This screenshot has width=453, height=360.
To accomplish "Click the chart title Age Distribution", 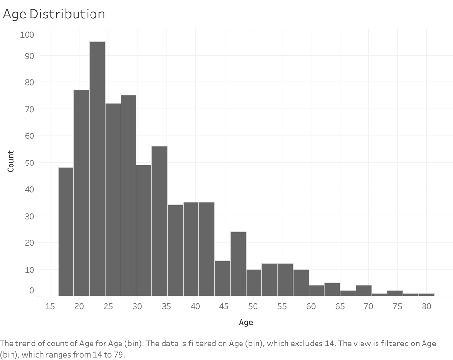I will (x=54, y=14).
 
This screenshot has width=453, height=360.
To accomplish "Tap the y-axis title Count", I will (x=11, y=162).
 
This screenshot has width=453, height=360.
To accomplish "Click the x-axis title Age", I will (x=245, y=322).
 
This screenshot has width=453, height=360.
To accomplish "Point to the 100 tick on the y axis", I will (x=27, y=35).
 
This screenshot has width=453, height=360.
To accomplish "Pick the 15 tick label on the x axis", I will (x=50, y=306).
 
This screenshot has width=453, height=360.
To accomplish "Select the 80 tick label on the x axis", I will (x=426, y=306).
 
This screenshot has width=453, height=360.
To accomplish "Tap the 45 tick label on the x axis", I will (x=224, y=306).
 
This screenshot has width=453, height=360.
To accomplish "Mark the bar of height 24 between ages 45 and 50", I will (x=238, y=264).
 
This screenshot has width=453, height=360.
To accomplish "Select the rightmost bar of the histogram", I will (x=426, y=294).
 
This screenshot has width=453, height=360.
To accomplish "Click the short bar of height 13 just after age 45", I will (x=223, y=278).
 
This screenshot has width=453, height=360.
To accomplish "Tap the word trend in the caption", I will (x=27, y=344).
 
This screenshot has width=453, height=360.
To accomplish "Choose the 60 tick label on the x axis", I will (x=310, y=306).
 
